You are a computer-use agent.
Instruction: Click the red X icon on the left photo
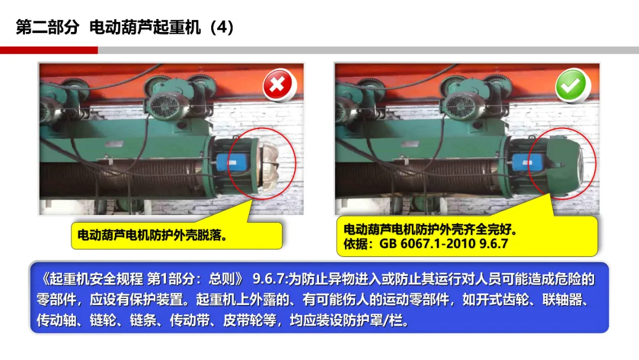277,85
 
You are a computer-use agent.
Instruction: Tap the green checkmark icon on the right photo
572,85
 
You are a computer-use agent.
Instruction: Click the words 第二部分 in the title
48,27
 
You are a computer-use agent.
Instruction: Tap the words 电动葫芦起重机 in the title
145,27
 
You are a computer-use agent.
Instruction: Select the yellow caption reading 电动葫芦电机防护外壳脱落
177,235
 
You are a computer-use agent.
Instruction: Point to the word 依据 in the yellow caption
356,244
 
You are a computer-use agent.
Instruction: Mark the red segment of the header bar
49,50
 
